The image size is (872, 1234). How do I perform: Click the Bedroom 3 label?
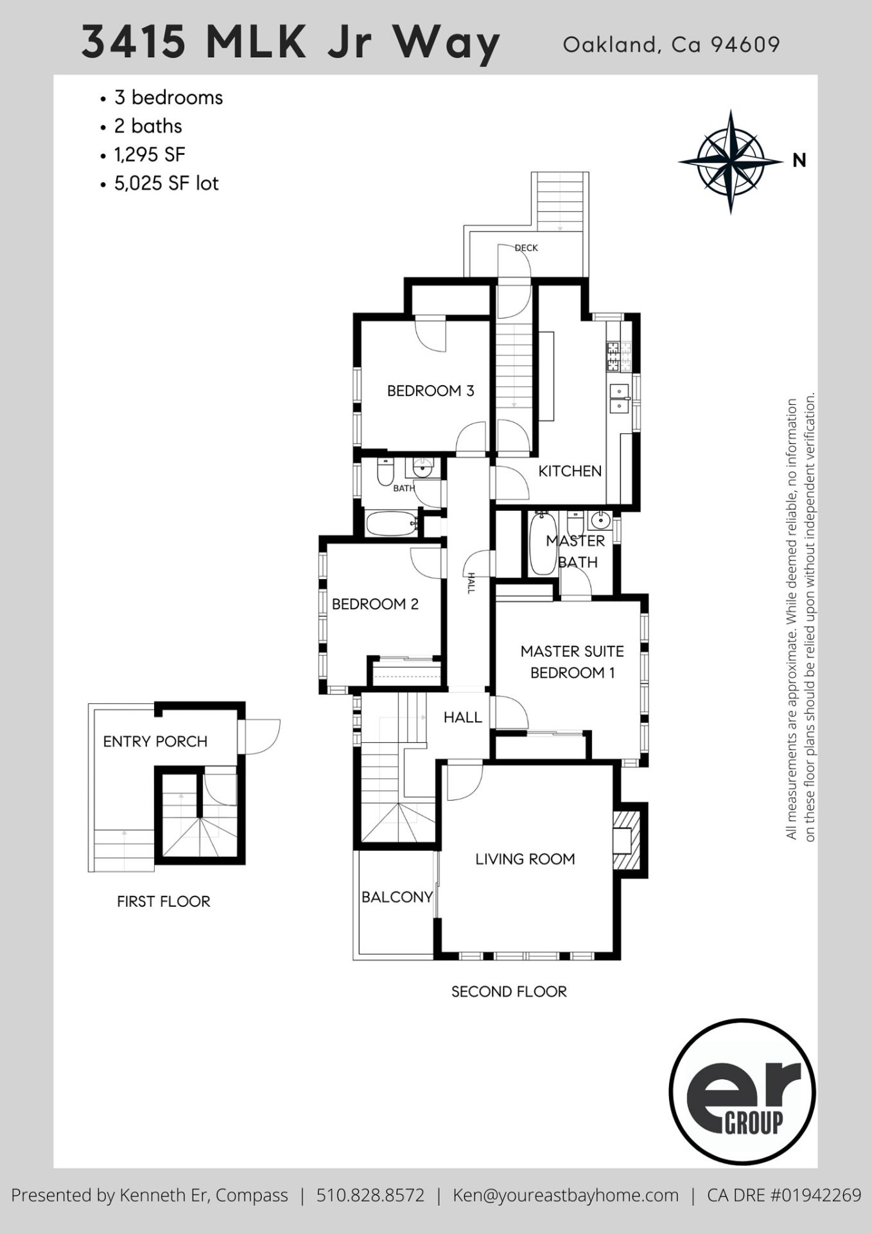[x=430, y=391]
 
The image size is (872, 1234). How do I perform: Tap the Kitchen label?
[x=570, y=471]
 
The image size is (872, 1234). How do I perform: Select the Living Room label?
[x=525, y=859]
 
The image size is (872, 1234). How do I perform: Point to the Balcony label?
[x=397, y=897]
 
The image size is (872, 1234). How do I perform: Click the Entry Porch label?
[x=155, y=742]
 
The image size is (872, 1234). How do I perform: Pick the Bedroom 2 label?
[x=375, y=604]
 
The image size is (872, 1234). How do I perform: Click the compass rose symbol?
[x=730, y=161]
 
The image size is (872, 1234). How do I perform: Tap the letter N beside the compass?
[x=799, y=161]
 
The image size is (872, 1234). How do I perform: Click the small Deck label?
[x=526, y=248]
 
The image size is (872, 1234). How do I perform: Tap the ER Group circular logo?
[x=742, y=1092]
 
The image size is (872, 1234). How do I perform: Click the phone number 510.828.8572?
[x=371, y=1195]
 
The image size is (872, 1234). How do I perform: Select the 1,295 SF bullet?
[x=150, y=155]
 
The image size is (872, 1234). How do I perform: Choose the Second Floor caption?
[x=509, y=992]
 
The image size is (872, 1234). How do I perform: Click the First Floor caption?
[x=163, y=902]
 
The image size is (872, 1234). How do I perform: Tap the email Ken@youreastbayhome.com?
[x=566, y=1195]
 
